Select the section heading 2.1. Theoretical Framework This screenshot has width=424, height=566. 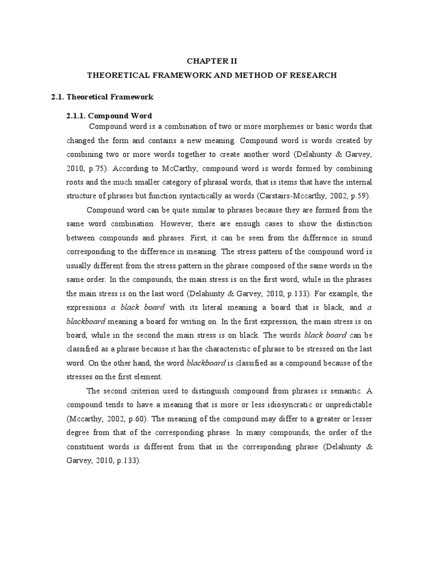coord(102,97)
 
